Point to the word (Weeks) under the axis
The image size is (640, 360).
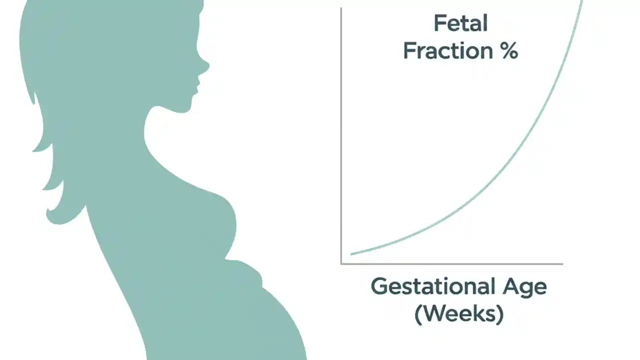(459, 314)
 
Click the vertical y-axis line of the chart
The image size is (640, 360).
(341, 135)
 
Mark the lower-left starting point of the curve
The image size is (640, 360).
(352, 254)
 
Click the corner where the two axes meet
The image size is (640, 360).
(341, 263)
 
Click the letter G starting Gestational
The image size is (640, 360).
(378, 287)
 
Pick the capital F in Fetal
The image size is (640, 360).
(439, 23)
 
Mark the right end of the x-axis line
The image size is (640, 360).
(562, 263)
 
